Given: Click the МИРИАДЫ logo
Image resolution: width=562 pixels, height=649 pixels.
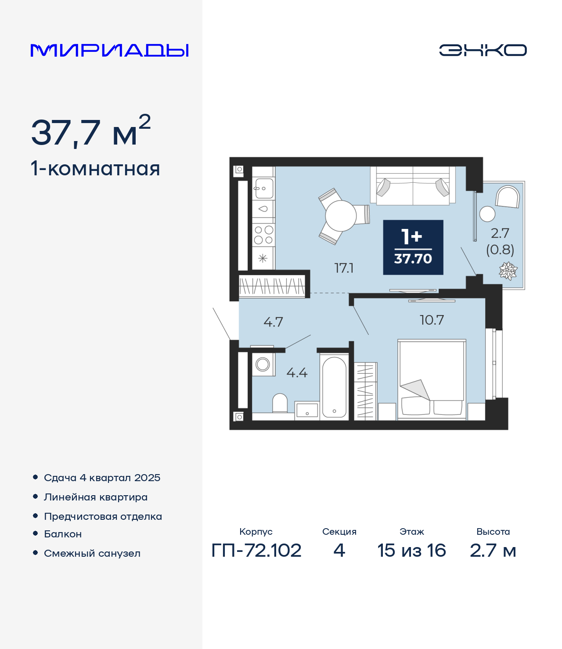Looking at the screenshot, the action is pos(109,50).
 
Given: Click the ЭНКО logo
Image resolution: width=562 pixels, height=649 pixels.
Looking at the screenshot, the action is pos(483,50).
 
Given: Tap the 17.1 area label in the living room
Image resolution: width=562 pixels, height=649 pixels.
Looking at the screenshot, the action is pos(344,268).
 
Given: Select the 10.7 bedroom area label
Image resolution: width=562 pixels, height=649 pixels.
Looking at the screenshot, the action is pos(432,320).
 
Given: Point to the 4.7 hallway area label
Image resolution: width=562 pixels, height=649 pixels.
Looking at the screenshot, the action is pos(273,322).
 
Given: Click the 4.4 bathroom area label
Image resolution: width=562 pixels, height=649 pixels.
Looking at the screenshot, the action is pos(297,373).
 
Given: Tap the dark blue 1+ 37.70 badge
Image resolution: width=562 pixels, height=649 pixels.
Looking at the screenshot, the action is pos(413,247).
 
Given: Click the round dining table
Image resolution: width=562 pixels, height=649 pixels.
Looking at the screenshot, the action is pos(341,216).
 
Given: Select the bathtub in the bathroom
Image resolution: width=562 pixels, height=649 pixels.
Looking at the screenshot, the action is pos(334,387).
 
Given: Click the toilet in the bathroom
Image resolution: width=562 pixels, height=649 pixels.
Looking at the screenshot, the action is pos(280,403).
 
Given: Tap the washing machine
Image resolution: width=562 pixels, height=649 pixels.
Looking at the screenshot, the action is pos(263,365).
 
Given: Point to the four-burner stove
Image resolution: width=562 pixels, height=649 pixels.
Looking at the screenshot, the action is pos(263,235).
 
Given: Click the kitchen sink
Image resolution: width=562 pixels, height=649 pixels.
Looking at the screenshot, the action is pos(263,189).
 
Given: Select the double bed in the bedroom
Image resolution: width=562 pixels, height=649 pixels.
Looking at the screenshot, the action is pos(432,380).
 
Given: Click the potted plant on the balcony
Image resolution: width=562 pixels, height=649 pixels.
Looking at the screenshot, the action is pos(508,271).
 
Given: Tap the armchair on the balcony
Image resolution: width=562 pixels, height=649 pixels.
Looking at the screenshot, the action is pos(508,196).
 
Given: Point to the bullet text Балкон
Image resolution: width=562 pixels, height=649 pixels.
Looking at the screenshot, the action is pos(63,534).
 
